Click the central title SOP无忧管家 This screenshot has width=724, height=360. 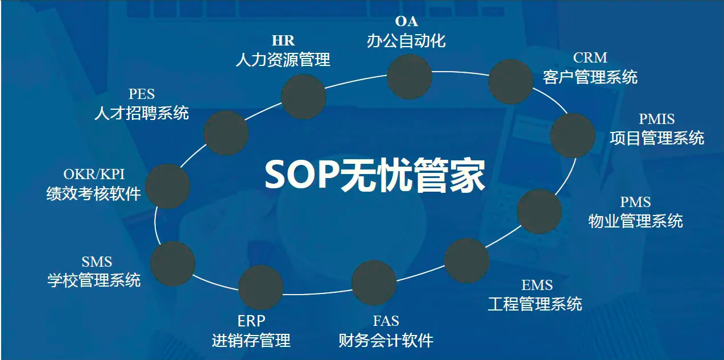[x=375, y=175]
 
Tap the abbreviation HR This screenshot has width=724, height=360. [x=283, y=40]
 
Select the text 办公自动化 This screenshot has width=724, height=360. [x=406, y=40]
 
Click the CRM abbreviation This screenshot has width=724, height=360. [x=590, y=57]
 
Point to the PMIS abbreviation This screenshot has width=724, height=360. [x=656, y=119]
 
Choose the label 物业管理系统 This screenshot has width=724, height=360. [x=635, y=221]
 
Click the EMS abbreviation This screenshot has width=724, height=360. [x=537, y=285]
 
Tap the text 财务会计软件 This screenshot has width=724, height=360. [x=386, y=340]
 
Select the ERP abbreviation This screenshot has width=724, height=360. [x=251, y=321]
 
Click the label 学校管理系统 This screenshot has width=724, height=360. [x=94, y=280]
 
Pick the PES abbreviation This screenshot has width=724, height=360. [x=142, y=94]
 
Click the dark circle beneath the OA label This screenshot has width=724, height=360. [x=409, y=77]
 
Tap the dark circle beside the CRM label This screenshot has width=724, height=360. [x=511, y=81]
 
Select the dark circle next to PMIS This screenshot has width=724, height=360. [x=573, y=135]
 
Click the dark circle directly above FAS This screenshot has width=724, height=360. [x=374, y=283]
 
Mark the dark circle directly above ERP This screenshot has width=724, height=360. [x=261, y=287]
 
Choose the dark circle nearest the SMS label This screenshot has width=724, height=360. [x=173, y=263]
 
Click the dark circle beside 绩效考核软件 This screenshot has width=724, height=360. [x=168, y=186]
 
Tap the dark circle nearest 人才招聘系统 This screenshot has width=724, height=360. [x=226, y=133]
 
